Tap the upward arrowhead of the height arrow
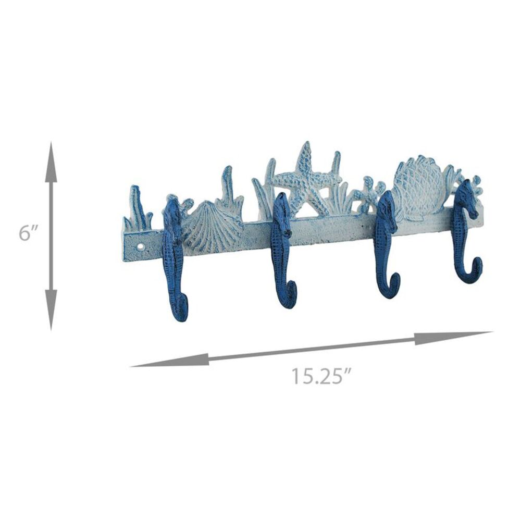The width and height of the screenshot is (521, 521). point(51,162)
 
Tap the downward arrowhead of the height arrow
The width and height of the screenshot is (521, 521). point(51,309)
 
